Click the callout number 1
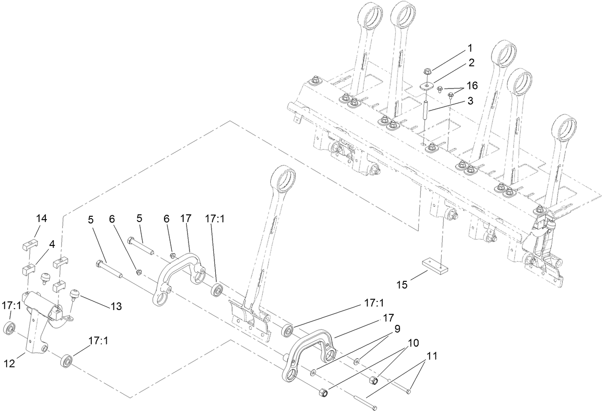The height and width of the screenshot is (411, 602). click(x=470, y=48)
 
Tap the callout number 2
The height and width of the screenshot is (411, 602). click(x=471, y=63)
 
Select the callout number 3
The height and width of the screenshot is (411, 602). click(x=471, y=101)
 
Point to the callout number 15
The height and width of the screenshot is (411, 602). click(x=402, y=285)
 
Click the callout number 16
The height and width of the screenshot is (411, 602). click(x=472, y=86)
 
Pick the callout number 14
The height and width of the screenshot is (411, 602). click(x=42, y=219)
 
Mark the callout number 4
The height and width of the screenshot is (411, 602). click(x=52, y=244)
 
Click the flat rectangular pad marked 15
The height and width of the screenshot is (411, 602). click(x=435, y=265)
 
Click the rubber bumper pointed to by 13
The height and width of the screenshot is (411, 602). click(x=75, y=293)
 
